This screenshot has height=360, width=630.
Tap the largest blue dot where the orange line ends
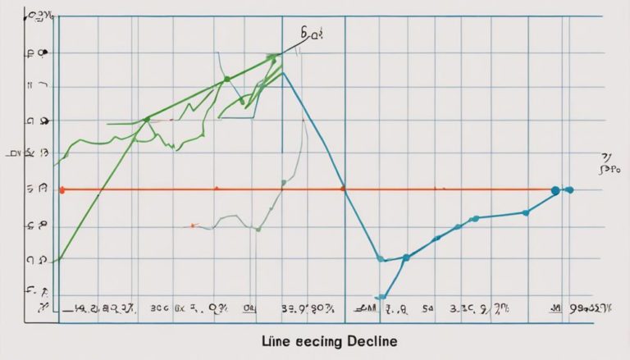555,190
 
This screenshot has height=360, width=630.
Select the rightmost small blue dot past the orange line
570,190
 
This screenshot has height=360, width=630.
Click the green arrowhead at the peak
273,57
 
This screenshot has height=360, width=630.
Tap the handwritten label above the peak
312,36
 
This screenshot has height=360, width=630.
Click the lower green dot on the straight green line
147,120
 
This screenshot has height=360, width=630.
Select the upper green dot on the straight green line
226,80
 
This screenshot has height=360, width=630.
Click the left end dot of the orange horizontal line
62,190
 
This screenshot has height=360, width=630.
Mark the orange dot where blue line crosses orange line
343,190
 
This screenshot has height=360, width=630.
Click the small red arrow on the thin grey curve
192,225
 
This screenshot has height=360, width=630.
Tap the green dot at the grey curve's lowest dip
258,229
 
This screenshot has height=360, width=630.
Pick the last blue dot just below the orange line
526,212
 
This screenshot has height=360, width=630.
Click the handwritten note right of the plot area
606,164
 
